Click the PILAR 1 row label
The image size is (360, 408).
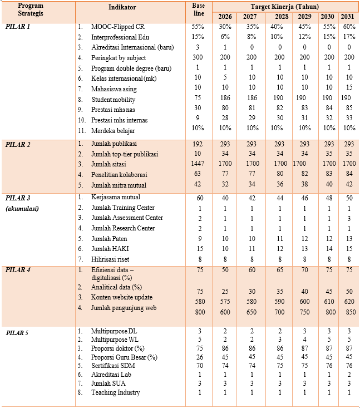coord(19,27)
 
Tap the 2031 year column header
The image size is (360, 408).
coord(348,16)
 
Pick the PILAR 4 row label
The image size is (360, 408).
coord(19,269)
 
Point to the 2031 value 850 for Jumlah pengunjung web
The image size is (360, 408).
coord(348,313)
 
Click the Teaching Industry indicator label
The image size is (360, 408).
coord(116,393)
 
